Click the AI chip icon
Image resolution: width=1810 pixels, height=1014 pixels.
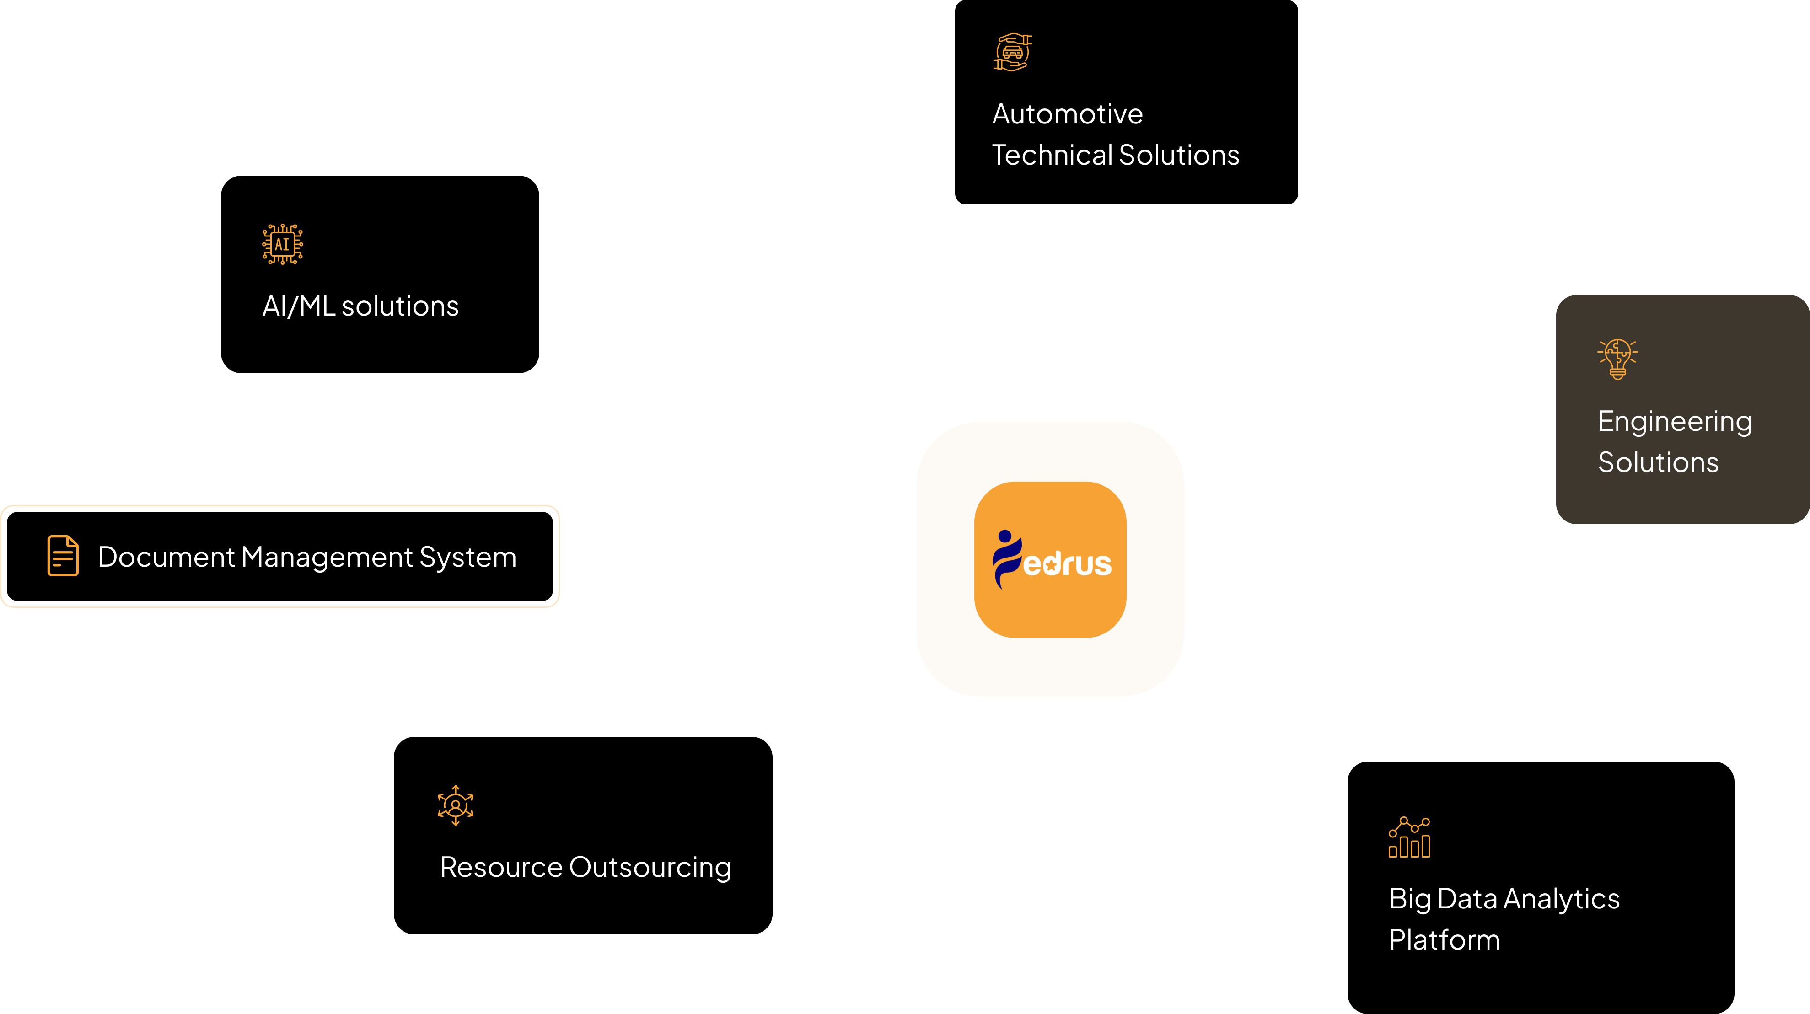click(283, 244)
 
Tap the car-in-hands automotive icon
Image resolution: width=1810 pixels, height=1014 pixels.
click(1012, 52)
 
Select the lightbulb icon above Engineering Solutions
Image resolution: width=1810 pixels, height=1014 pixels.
click(1617, 359)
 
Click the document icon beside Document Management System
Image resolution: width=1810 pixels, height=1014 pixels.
click(63, 556)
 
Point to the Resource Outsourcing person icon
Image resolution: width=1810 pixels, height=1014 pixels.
click(455, 805)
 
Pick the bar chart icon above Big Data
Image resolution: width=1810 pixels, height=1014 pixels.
click(1409, 837)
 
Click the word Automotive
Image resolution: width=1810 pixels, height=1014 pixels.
click(1067, 114)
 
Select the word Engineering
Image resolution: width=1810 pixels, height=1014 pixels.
click(1675, 422)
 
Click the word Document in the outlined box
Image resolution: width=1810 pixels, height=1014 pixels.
click(166, 557)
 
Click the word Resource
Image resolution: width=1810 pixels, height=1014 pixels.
click(501, 867)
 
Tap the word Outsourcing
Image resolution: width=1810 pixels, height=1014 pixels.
click(650, 868)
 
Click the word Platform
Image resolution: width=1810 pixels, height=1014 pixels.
click(1444, 940)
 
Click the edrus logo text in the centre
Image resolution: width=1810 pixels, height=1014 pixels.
click(1067, 563)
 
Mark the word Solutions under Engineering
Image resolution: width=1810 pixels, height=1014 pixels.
click(1658, 462)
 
